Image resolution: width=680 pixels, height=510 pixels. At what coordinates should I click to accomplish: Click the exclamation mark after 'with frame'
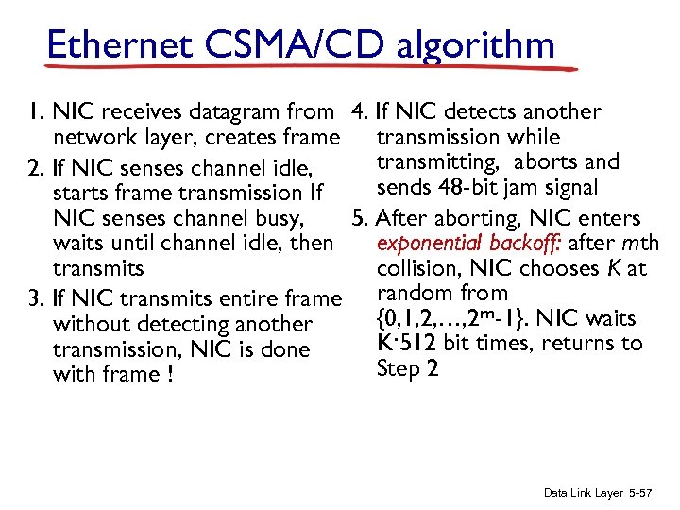pyautogui.click(x=178, y=375)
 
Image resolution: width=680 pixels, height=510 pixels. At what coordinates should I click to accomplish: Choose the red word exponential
pyautogui.click(x=430, y=244)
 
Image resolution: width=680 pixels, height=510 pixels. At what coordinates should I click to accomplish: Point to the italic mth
pyautogui.click(x=640, y=243)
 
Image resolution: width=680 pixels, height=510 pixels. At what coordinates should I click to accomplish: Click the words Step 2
pyautogui.click(x=407, y=368)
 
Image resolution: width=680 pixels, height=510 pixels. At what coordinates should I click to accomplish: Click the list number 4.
pyautogui.click(x=357, y=112)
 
